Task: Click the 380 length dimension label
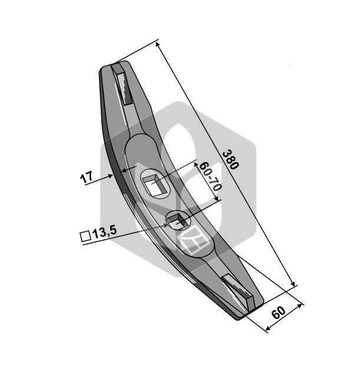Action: click(x=230, y=160)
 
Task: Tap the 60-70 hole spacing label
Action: click(x=210, y=176)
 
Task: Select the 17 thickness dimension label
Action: click(x=87, y=178)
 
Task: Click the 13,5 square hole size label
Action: click(x=105, y=233)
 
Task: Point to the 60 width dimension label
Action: click(x=279, y=312)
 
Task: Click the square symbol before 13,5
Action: click(x=85, y=236)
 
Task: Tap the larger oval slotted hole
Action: click(x=155, y=184)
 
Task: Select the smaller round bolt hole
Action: click(x=178, y=220)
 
